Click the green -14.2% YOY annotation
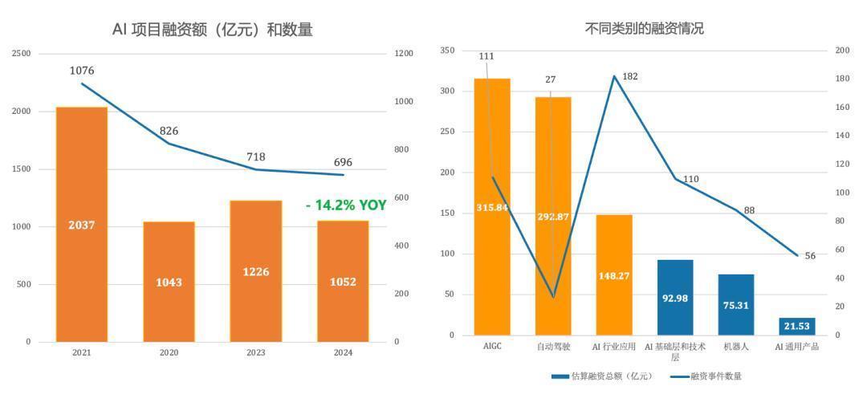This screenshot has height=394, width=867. [x=346, y=205]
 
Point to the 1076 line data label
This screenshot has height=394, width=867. [x=82, y=71]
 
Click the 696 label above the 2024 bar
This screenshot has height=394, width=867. [x=343, y=162]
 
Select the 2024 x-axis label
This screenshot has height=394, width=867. [x=343, y=352]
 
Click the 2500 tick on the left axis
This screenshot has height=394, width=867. [x=22, y=54]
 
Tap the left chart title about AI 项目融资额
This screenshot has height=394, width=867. [x=212, y=30]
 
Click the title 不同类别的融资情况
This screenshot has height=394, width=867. [x=644, y=28]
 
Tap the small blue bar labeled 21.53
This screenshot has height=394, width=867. [x=797, y=327]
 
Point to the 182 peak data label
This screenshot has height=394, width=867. [x=630, y=77]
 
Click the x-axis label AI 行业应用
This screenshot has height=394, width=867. [x=614, y=347]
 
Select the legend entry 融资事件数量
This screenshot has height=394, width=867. [x=706, y=376]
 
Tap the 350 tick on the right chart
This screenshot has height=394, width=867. [x=448, y=51]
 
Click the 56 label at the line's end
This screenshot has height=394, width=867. [x=810, y=256]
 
